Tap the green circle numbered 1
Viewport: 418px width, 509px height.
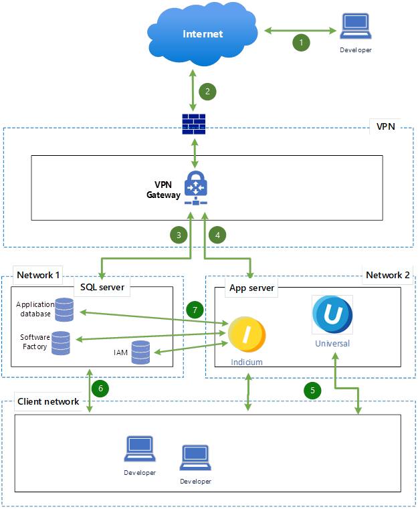[301, 42]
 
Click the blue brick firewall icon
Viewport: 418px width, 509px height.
[194, 124]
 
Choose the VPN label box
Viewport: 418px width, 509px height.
[385, 126]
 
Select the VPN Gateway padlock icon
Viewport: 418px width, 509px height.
[195, 186]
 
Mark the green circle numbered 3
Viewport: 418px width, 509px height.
[179, 235]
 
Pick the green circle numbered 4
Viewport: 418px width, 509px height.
[217, 235]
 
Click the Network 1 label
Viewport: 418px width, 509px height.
[39, 274]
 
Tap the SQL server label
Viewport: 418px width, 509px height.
[102, 288]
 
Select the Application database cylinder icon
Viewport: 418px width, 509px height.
[65, 310]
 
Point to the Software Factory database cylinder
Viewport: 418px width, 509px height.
[61, 343]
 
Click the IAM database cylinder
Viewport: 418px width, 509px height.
[140, 352]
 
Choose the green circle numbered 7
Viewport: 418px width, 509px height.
[194, 310]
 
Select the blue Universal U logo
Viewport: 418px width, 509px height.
[332, 314]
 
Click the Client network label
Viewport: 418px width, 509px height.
[48, 401]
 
